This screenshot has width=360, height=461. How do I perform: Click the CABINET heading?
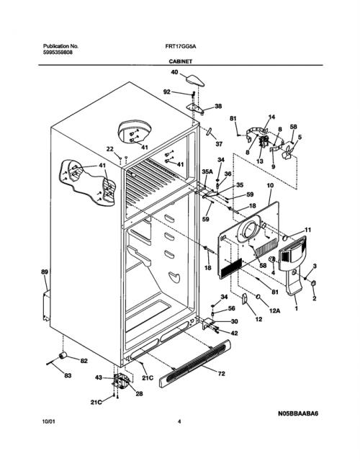[x=181, y=61]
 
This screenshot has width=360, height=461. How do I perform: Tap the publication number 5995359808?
[x=58, y=53]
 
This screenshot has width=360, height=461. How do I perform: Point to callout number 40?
[x=174, y=72]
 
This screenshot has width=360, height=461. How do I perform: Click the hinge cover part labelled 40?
[x=195, y=80]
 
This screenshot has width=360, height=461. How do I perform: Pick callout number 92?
[x=167, y=92]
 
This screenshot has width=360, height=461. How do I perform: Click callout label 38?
[x=218, y=106]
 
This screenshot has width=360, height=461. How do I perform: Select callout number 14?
[x=271, y=117]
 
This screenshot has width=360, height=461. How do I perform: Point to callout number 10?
[x=270, y=186]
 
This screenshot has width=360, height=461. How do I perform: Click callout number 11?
[x=307, y=230]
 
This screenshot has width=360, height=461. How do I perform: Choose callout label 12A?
[x=274, y=310]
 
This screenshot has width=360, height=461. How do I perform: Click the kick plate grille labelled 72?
[x=195, y=363]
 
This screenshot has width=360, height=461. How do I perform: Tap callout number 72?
[x=221, y=374]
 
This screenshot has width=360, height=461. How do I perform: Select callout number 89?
[x=45, y=272]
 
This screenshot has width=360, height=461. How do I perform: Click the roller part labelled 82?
[x=63, y=355]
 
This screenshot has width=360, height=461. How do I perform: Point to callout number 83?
[x=68, y=375]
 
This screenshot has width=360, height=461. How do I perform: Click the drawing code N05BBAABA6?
[x=297, y=413]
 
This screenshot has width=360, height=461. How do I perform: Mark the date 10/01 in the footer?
[x=48, y=421]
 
